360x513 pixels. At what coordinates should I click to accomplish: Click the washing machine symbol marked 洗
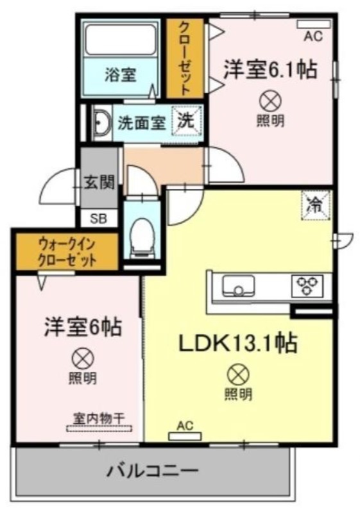pos(187,121)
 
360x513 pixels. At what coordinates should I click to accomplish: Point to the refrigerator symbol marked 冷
pos(315,206)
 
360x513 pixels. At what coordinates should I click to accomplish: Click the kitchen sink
pos(239,285)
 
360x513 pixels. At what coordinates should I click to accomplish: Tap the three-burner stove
pos(307,285)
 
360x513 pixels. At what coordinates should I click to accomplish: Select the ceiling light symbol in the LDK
pos(238,375)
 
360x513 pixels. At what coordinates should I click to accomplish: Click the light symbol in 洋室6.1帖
pos(270,101)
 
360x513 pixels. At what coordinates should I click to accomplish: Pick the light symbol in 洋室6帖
pos(83,359)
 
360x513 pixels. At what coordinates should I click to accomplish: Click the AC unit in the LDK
pos(185,436)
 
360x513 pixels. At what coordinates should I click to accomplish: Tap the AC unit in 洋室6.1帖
pos(314,24)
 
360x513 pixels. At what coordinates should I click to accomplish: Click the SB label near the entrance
pos(99,219)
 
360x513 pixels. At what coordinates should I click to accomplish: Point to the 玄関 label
pos(99,182)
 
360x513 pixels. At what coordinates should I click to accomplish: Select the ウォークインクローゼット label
pos(67,253)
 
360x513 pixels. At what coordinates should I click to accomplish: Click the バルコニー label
pos(153,471)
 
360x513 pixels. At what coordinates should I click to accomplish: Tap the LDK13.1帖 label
pos(237,343)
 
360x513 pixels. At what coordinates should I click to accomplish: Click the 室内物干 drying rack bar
pos(99,428)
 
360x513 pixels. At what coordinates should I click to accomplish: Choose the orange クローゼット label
pos(185,58)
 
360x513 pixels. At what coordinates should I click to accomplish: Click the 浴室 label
pos(121,74)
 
